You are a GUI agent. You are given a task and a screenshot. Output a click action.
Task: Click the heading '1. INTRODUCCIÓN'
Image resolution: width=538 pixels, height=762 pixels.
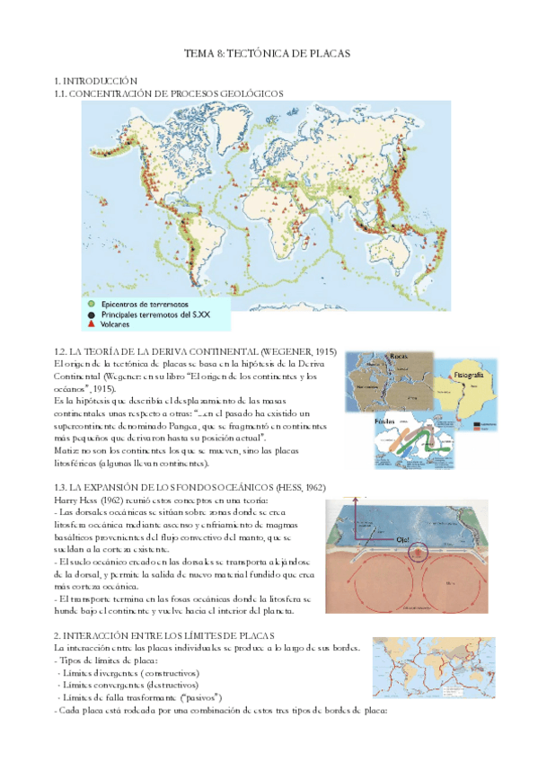(x=96, y=82)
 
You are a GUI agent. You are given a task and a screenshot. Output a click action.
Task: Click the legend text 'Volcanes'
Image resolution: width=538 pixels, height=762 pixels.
(x=118, y=324)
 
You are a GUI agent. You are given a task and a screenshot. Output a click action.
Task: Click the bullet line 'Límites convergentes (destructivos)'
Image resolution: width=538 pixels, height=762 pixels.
(x=128, y=685)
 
